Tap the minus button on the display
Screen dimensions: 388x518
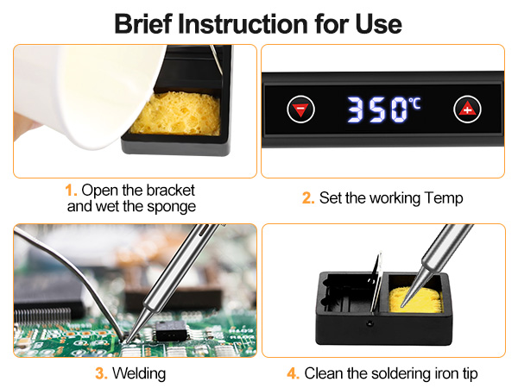301,110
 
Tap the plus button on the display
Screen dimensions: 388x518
466,110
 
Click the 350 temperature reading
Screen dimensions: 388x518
376,110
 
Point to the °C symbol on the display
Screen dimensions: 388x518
415,103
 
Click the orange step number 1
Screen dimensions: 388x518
71,189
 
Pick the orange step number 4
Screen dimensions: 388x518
292,374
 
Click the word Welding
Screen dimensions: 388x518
138,374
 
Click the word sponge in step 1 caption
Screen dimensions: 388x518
172,206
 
